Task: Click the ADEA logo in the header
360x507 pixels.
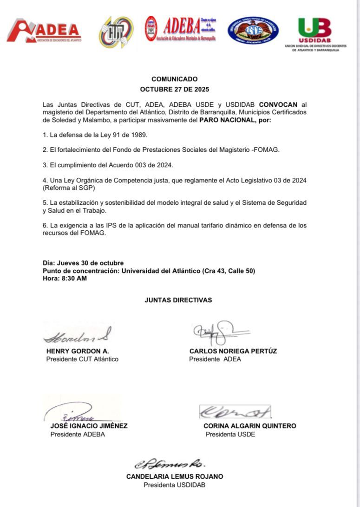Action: (44, 31)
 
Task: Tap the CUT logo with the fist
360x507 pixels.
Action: (116, 32)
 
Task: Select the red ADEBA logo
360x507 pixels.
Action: (180, 29)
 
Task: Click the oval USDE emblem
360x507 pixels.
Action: (253, 30)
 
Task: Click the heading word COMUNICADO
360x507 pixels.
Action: (174, 79)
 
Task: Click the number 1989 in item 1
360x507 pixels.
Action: (141, 135)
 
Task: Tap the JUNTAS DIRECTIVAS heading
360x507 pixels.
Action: (178, 300)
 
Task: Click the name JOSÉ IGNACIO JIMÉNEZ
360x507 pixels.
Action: (89, 426)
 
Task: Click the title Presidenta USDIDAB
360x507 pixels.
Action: (174, 485)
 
